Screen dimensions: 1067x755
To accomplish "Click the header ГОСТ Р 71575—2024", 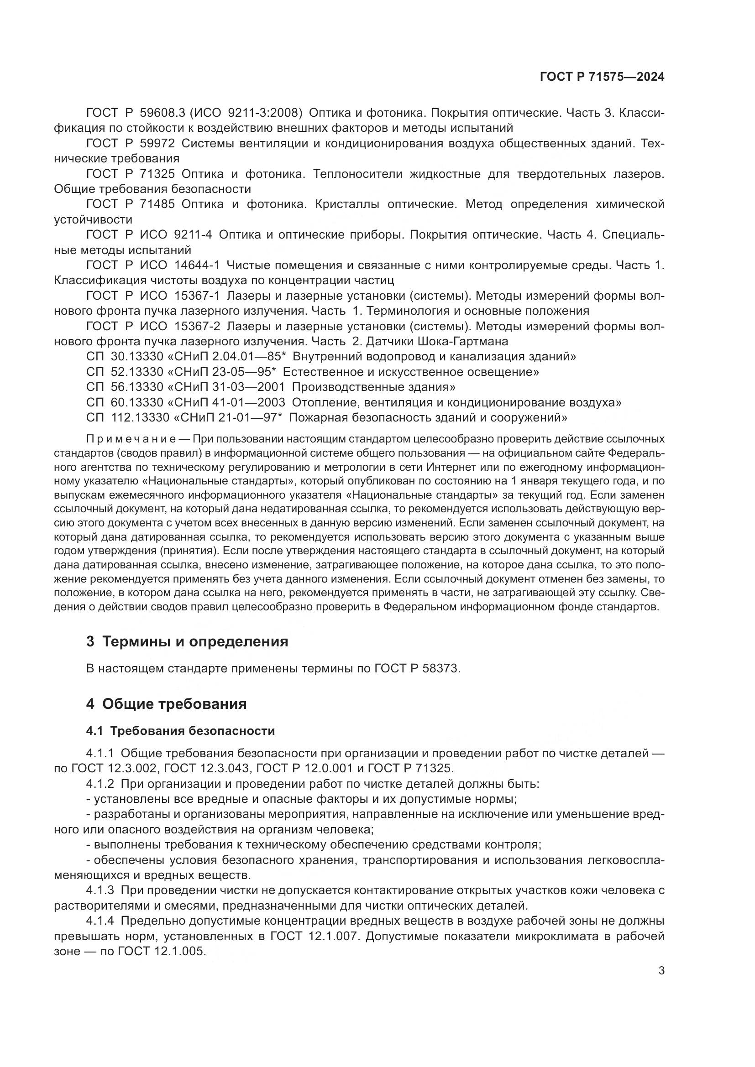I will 602,77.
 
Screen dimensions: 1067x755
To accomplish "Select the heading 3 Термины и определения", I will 187,642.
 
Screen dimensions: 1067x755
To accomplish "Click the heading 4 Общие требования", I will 166,704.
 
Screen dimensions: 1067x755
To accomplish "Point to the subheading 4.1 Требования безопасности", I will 180,731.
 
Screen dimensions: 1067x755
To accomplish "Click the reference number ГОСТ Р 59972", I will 130,144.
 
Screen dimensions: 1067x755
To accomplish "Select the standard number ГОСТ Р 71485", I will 130,204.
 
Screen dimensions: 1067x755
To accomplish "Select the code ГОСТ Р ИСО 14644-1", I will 152,265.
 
